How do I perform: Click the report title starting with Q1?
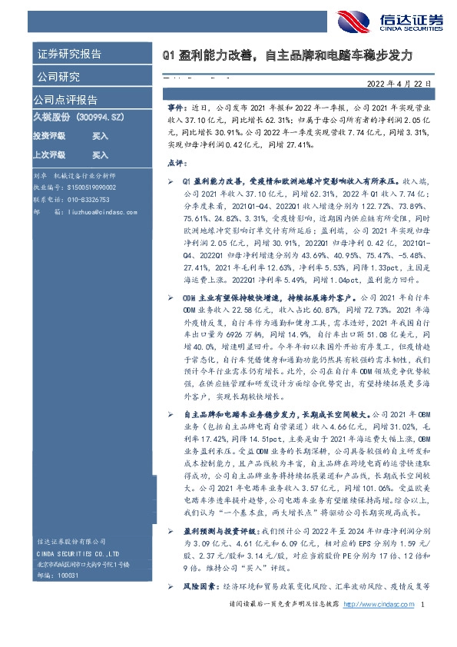(287, 56)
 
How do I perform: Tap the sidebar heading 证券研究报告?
(69, 55)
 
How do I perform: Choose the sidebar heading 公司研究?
(58, 77)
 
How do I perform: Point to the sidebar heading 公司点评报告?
(65, 99)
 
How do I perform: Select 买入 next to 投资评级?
(101, 135)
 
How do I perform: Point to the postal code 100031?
(70, 572)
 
